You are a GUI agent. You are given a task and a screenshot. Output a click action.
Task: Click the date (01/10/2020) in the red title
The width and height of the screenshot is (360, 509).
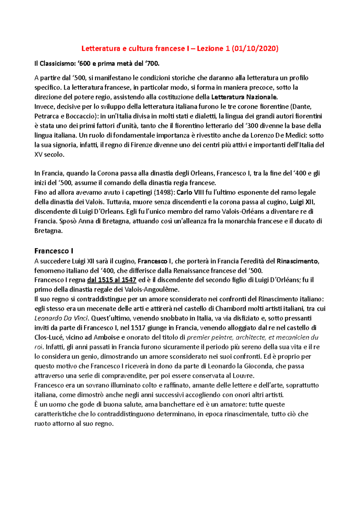255,49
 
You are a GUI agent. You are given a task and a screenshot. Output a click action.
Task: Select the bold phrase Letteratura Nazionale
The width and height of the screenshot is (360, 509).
244,97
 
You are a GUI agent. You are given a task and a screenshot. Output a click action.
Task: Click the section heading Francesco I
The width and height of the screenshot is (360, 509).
54,251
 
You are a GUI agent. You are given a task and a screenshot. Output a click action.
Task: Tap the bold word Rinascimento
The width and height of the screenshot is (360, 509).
297,261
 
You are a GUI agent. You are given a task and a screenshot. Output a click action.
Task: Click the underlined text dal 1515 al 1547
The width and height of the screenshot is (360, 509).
112,280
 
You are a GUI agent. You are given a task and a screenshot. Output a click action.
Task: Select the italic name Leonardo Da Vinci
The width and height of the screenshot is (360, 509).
61,318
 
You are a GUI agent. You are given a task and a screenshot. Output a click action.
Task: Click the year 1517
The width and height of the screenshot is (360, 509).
138,328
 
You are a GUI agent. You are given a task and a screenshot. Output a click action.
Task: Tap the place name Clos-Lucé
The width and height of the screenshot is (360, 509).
49,338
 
